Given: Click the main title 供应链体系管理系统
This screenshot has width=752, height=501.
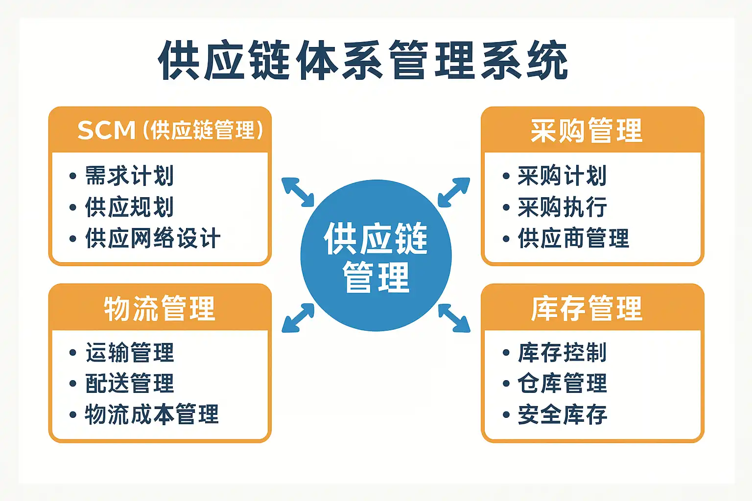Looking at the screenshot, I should point(363,60).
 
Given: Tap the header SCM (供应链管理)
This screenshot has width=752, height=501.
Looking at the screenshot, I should point(170,130).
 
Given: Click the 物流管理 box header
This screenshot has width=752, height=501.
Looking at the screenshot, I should point(160,308).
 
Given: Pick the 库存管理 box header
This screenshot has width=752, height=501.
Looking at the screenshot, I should point(587,308).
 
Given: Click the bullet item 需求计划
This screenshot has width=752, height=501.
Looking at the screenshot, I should point(129,176).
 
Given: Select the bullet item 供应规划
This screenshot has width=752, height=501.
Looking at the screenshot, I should point(129,207).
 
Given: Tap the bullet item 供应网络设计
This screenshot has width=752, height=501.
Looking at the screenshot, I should point(152,238).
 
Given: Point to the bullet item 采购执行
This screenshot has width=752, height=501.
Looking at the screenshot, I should point(562,207).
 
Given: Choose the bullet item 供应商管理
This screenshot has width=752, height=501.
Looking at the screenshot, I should point(573,238).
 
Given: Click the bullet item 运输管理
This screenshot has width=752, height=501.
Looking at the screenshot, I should point(129,353).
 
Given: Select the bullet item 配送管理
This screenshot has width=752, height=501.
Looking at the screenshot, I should point(129,384).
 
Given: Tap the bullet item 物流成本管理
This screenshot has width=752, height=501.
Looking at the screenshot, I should point(152,415).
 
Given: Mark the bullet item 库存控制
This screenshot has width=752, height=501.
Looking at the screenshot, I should point(562,353).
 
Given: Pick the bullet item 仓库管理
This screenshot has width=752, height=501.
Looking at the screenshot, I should point(562,384).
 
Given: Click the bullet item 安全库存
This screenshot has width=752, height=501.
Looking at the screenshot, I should point(562,415).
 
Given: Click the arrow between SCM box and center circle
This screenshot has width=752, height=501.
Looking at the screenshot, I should point(298,192).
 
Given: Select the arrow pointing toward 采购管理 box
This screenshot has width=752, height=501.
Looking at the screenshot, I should point(454,192).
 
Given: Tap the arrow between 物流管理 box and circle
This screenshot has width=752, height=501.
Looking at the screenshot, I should point(298,318).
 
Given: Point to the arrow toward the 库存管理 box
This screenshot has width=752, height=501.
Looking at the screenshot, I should point(454,318).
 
